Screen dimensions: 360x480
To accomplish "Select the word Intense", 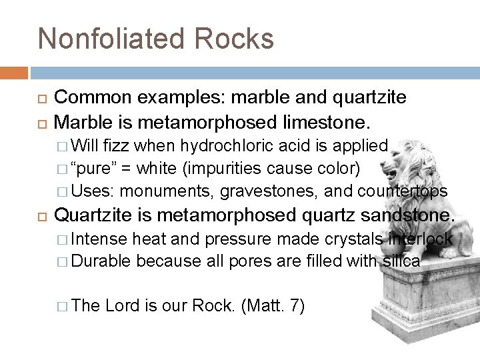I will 98,239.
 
